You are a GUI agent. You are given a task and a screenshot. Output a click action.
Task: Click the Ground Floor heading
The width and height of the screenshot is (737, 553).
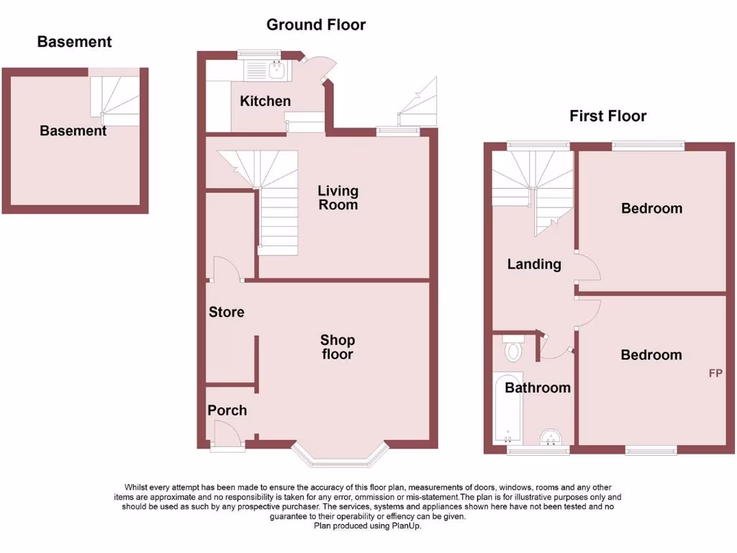[x=316, y=24]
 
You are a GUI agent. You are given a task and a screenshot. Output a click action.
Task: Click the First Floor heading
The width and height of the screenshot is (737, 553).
[x=607, y=116]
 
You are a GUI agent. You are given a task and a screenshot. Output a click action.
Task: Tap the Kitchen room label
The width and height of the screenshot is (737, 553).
[x=266, y=102]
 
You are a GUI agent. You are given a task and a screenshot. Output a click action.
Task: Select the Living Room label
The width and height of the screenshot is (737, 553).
[x=338, y=197]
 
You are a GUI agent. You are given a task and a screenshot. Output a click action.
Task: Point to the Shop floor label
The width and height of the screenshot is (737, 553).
[x=338, y=347]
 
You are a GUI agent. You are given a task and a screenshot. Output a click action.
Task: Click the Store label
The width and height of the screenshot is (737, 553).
[x=227, y=313]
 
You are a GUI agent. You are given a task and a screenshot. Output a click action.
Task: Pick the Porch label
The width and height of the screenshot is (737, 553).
[x=227, y=410]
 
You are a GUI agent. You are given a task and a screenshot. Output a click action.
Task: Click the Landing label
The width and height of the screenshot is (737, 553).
[x=534, y=264]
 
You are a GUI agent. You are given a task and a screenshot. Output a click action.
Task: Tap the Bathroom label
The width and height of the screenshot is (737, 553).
[x=538, y=388]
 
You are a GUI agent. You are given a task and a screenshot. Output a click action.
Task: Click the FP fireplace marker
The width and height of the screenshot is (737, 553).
[x=715, y=373]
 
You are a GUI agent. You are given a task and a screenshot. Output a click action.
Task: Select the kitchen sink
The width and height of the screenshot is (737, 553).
[x=275, y=70]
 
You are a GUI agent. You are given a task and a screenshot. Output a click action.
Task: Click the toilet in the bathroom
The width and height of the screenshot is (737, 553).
[x=514, y=349]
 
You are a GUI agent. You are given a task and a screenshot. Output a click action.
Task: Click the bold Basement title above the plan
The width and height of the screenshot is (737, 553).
[x=74, y=42]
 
